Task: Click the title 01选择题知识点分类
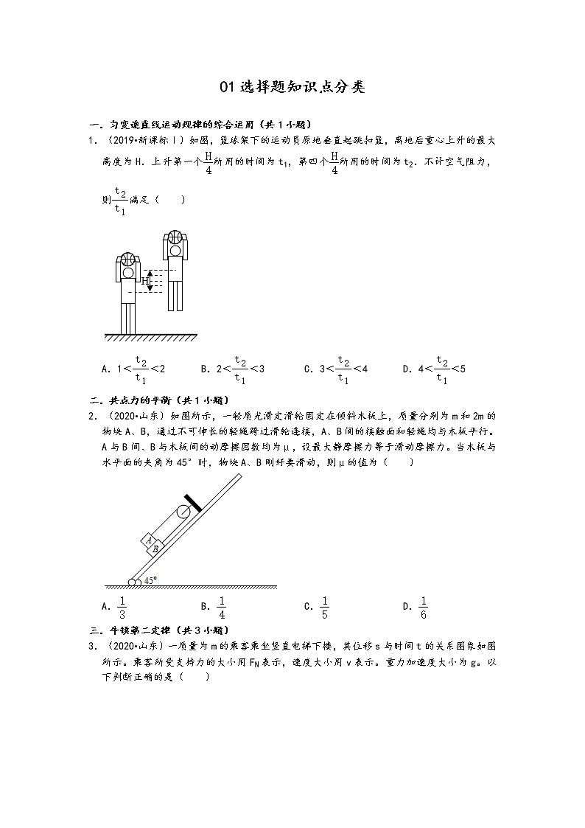[x=292, y=88]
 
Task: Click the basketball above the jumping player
[x=175, y=237]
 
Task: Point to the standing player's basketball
[x=127, y=259]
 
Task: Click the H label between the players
[x=146, y=281]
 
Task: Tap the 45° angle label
[x=150, y=580]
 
